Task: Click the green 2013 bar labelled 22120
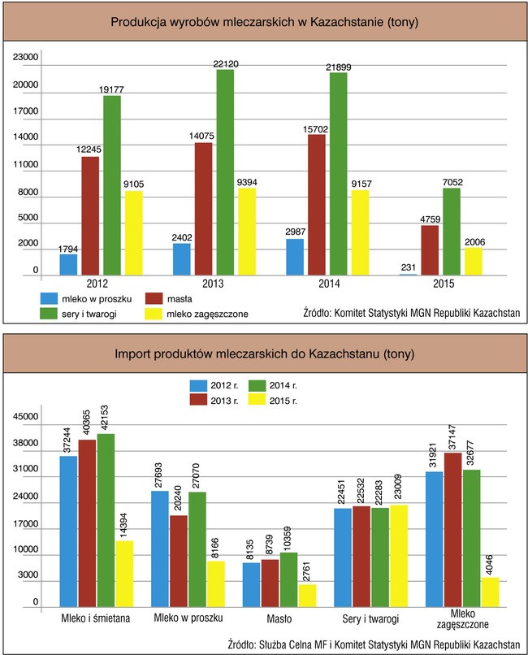225,172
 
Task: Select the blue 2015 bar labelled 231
409,275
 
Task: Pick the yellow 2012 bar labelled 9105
134,233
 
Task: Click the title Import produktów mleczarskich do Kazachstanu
264,354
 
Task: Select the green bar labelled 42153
105,520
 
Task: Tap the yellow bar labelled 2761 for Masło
307,596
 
